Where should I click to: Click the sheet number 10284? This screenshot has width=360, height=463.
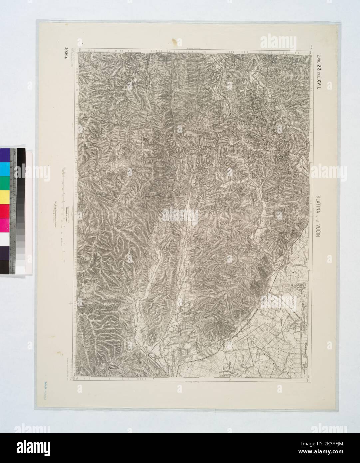[x=63, y=57]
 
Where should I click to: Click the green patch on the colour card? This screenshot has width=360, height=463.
[x=5, y=182]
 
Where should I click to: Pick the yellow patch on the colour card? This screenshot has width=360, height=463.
[x=5, y=196]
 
